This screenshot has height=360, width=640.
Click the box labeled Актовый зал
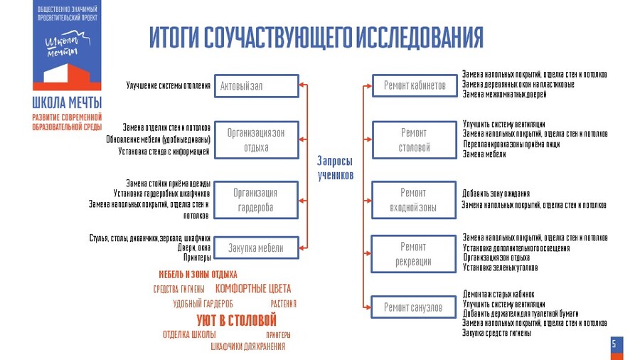(x=256, y=86)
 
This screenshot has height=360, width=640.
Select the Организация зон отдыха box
(x=256, y=139)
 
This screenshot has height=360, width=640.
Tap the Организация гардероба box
(x=256, y=200)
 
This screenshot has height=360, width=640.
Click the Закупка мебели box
(x=256, y=248)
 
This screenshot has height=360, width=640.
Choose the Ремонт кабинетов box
(x=414, y=85)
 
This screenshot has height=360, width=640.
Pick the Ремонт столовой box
(x=414, y=139)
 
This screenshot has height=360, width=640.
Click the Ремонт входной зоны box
(x=414, y=200)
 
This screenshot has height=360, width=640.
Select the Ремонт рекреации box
(x=414, y=254)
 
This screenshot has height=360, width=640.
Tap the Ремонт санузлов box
(x=414, y=307)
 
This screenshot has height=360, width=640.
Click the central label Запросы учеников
(x=335, y=168)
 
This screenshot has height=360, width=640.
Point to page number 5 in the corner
(x=614, y=344)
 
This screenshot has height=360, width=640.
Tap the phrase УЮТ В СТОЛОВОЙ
(x=236, y=320)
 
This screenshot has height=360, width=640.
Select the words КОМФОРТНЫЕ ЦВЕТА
(x=252, y=289)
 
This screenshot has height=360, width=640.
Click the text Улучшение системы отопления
(x=169, y=86)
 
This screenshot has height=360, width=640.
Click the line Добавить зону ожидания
(x=496, y=194)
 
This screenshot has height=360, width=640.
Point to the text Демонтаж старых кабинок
(x=498, y=293)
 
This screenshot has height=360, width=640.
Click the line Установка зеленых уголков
(x=500, y=268)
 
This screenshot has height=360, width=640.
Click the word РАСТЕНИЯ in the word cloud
(x=283, y=304)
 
